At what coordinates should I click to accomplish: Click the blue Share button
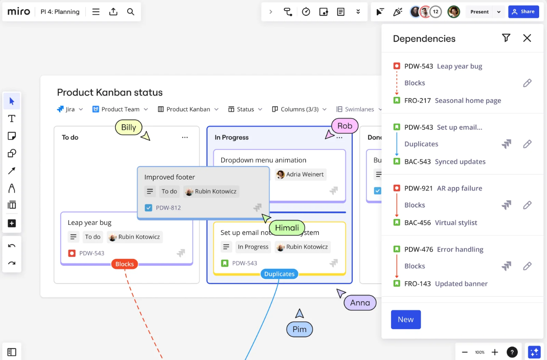pyautogui.click(x=523, y=12)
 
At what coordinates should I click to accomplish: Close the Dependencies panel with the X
pyautogui.click(x=527, y=38)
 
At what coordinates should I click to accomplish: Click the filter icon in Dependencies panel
pyautogui.click(x=506, y=38)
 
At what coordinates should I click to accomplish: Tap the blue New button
pyautogui.click(x=405, y=319)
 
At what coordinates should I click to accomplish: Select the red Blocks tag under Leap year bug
pyautogui.click(x=125, y=264)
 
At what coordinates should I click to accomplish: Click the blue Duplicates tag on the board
pyautogui.click(x=279, y=274)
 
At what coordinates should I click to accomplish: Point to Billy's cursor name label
pyautogui.click(x=128, y=127)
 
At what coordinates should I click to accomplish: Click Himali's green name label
pyautogui.click(x=287, y=228)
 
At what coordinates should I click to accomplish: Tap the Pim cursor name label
pyautogui.click(x=299, y=329)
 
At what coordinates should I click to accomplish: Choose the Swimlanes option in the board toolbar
pyautogui.click(x=355, y=109)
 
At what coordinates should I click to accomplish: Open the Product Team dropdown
pyautogui.click(x=120, y=109)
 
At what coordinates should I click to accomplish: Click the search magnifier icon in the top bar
pyautogui.click(x=131, y=12)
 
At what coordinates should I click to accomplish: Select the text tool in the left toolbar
pyautogui.click(x=12, y=119)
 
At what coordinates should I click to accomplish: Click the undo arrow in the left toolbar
pyautogui.click(x=12, y=246)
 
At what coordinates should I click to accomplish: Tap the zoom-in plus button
pyautogui.click(x=495, y=352)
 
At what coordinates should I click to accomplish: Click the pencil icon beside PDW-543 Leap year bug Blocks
pyautogui.click(x=527, y=83)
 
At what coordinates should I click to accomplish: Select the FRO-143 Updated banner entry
pyautogui.click(x=446, y=284)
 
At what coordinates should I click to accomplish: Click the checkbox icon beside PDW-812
pyautogui.click(x=149, y=208)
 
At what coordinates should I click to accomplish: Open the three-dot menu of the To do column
pyautogui.click(x=185, y=137)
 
